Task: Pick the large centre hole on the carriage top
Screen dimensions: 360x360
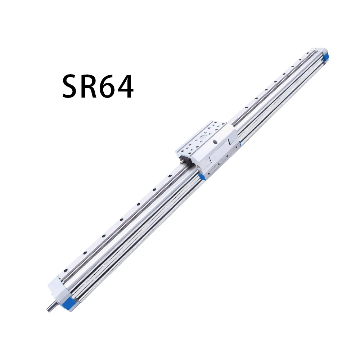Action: pyautogui.click(x=203, y=137)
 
